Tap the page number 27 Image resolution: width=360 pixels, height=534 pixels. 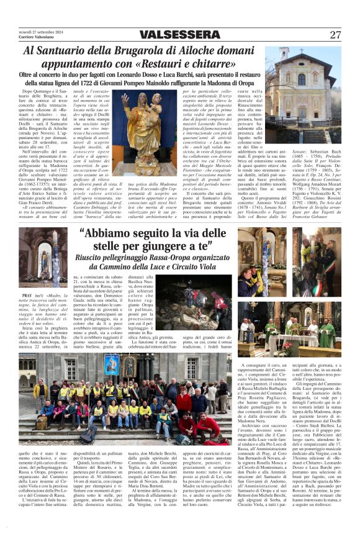point(336,35)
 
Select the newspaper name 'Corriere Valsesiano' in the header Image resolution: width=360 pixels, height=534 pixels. point(36,38)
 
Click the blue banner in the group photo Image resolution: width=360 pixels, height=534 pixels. point(112,364)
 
